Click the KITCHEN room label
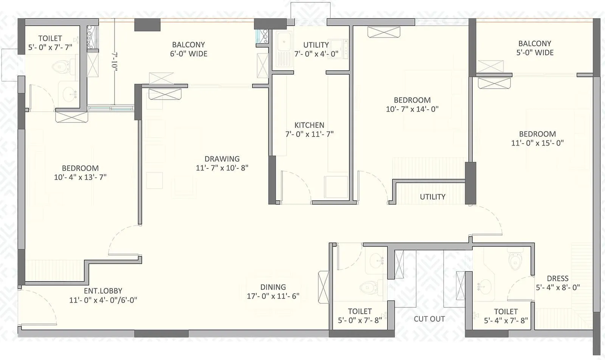[x=309, y=125]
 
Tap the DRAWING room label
[x=222, y=159]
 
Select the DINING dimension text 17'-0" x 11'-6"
[x=273, y=296]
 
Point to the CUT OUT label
[x=429, y=319]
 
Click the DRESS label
[x=557, y=278]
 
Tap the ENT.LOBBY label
[x=103, y=291]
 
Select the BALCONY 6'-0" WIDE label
[x=189, y=49]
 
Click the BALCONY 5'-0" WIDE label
[x=535, y=48]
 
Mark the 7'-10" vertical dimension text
[x=114, y=61]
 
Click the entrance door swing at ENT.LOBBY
[x=38, y=306]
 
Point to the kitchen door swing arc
[x=297, y=185]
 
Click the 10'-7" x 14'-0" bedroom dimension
[x=412, y=109]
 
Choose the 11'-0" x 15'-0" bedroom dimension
[x=537, y=143]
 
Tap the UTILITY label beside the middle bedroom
[x=433, y=197]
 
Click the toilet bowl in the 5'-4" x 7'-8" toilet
[x=515, y=261]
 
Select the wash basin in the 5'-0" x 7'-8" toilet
[x=377, y=260]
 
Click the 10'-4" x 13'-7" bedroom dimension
[x=80, y=177]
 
